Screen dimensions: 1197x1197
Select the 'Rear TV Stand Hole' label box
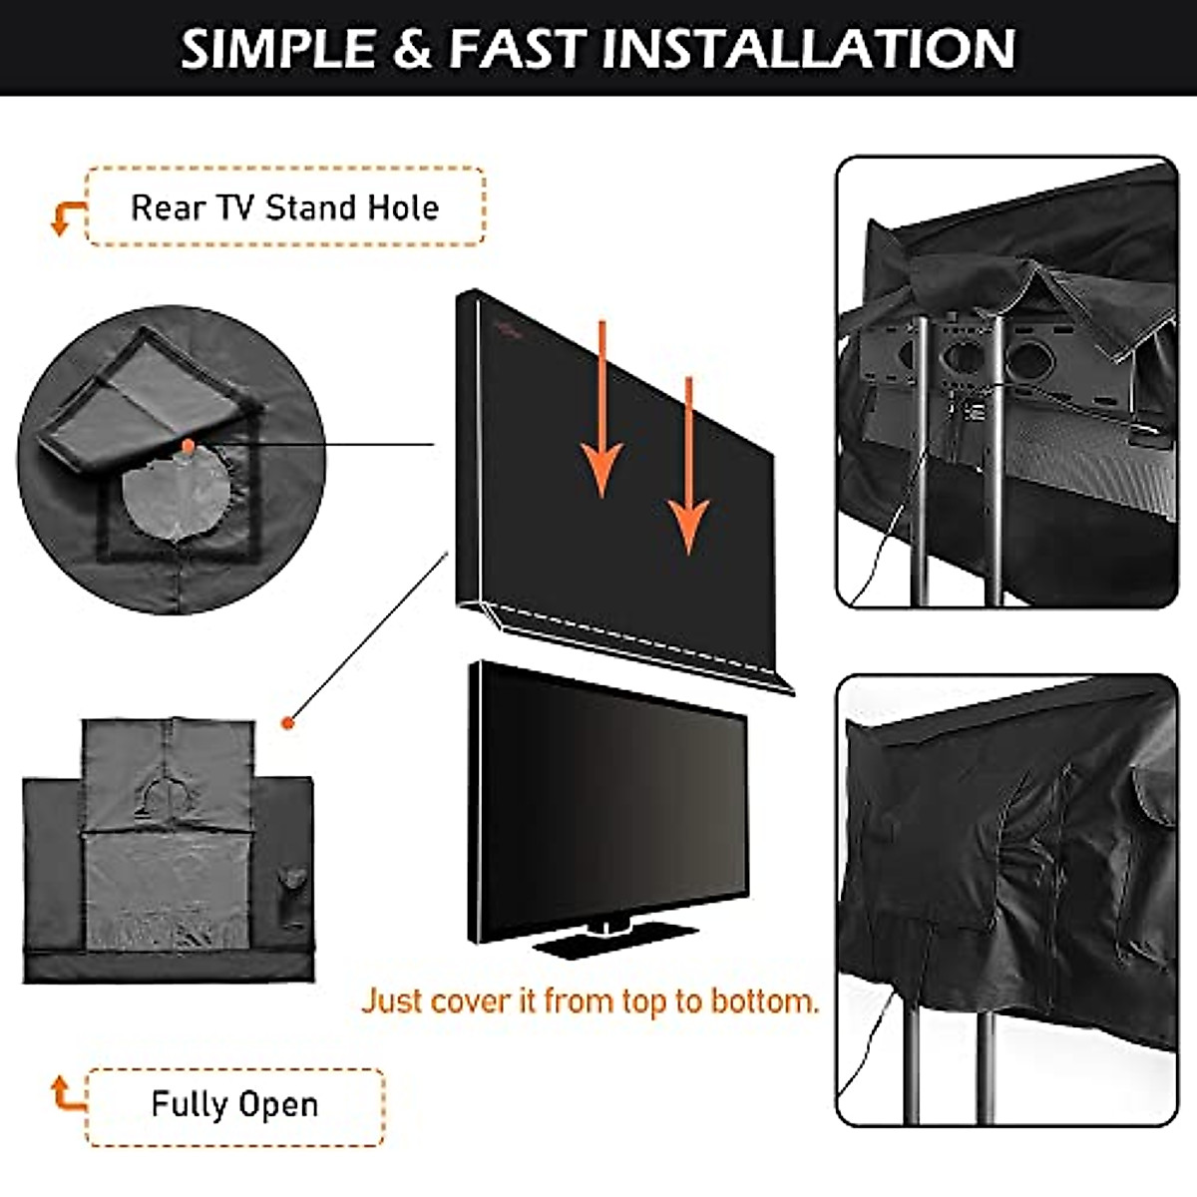tap(285, 206)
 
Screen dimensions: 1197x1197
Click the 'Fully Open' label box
tap(234, 1104)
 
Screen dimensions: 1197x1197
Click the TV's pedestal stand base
tap(613, 941)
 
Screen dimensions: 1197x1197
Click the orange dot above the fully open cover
tap(288, 721)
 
